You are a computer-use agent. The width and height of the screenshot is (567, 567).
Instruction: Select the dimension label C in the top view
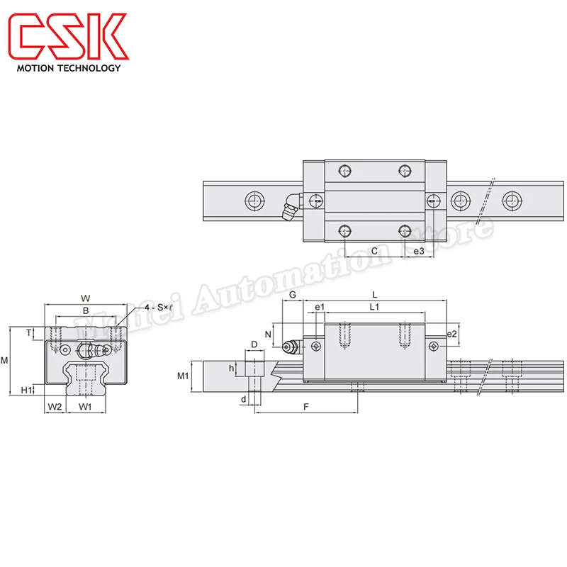(x=374, y=251)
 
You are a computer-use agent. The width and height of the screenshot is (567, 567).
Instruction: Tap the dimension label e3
(x=418, y=251)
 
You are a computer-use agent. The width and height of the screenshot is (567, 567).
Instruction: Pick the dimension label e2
(x=451, y=334)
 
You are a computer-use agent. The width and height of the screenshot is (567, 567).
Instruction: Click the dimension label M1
(x=182, y=376)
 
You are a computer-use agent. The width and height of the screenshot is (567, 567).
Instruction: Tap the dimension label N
(x=268, y=334)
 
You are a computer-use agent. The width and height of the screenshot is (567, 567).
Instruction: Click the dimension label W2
(x=55, y=406)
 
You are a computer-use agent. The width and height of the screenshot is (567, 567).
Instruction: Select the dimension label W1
(x=85, y=406)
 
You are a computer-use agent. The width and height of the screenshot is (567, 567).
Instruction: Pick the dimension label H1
(x=26, y=389)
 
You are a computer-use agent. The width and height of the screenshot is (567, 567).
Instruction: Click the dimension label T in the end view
(x=28, y=332)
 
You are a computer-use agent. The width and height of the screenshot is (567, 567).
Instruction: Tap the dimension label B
(x=85, y=310)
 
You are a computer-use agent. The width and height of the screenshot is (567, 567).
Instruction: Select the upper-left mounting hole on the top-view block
(x=344, y=170)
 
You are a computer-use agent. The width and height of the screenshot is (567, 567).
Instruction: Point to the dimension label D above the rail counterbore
(x=254, y=344)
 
